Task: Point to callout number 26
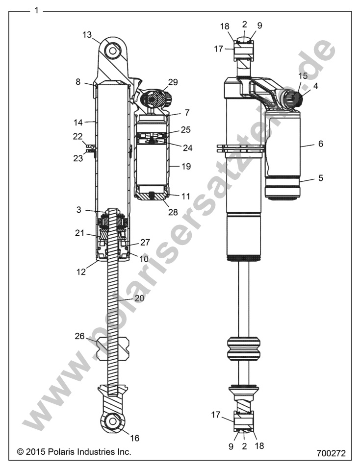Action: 79,336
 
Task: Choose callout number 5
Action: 321,178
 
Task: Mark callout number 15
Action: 303,76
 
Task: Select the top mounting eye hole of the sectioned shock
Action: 112,50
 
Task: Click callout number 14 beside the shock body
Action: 77,120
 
